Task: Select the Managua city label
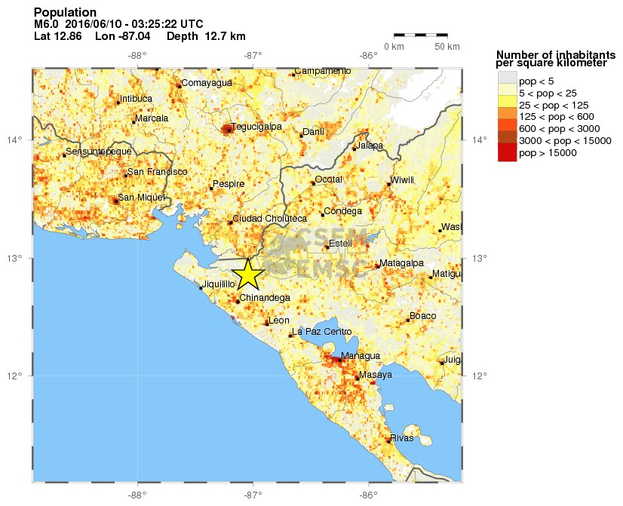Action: (360, 356)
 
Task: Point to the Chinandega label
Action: (265, 298)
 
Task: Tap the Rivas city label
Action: (401, 437)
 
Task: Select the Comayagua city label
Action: (207, 83)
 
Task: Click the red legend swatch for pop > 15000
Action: (507, 153)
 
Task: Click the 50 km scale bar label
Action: (447, 47)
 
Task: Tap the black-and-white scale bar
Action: (421, 35)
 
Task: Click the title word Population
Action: (66, 12)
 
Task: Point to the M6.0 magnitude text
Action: (47, 24)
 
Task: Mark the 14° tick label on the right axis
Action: (480, 140)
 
